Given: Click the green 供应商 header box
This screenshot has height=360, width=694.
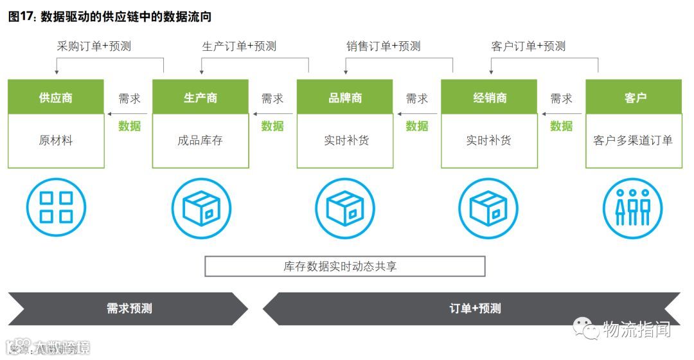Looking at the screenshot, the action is click(x=56, y=97).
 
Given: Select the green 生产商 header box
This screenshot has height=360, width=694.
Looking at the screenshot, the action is click(x=200, y=97).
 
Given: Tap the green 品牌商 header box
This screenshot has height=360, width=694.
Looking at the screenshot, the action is click(x=345, y=97).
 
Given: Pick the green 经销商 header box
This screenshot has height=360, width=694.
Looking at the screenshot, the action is click(x=490, y=97).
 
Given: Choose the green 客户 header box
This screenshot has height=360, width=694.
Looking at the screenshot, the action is click(x=634, y=97).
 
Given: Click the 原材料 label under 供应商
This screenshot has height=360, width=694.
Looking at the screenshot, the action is click(x=56, y=140).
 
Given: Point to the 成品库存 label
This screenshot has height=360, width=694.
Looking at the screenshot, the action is click(x=200, y=140).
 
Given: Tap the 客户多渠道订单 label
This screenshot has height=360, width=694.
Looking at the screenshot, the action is click(x=633, y=140).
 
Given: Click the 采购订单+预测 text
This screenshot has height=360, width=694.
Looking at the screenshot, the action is click(x=94, y=46).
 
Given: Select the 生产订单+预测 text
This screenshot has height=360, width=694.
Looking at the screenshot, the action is click(x=239, y=46).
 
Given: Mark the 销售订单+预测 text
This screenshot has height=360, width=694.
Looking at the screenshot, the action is click(x=384, y=46).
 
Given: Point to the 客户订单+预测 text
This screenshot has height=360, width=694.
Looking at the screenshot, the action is click(x=528, y=46).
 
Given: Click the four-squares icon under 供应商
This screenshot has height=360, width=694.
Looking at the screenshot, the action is click(x=56, y=207).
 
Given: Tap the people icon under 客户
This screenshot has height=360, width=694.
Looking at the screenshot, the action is click(x=633, y=207).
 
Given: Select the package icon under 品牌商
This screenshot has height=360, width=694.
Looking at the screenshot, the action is click(x=345, y=207).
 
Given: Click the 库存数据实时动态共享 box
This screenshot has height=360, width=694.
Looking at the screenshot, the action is click(x=345, y=266).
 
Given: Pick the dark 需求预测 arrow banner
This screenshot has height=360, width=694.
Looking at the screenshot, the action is click(x=129, y=309).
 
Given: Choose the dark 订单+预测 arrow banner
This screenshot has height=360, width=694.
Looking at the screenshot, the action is click(x=472, y=309).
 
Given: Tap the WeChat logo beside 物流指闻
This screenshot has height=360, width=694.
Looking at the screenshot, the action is click(x=585, y=328).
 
